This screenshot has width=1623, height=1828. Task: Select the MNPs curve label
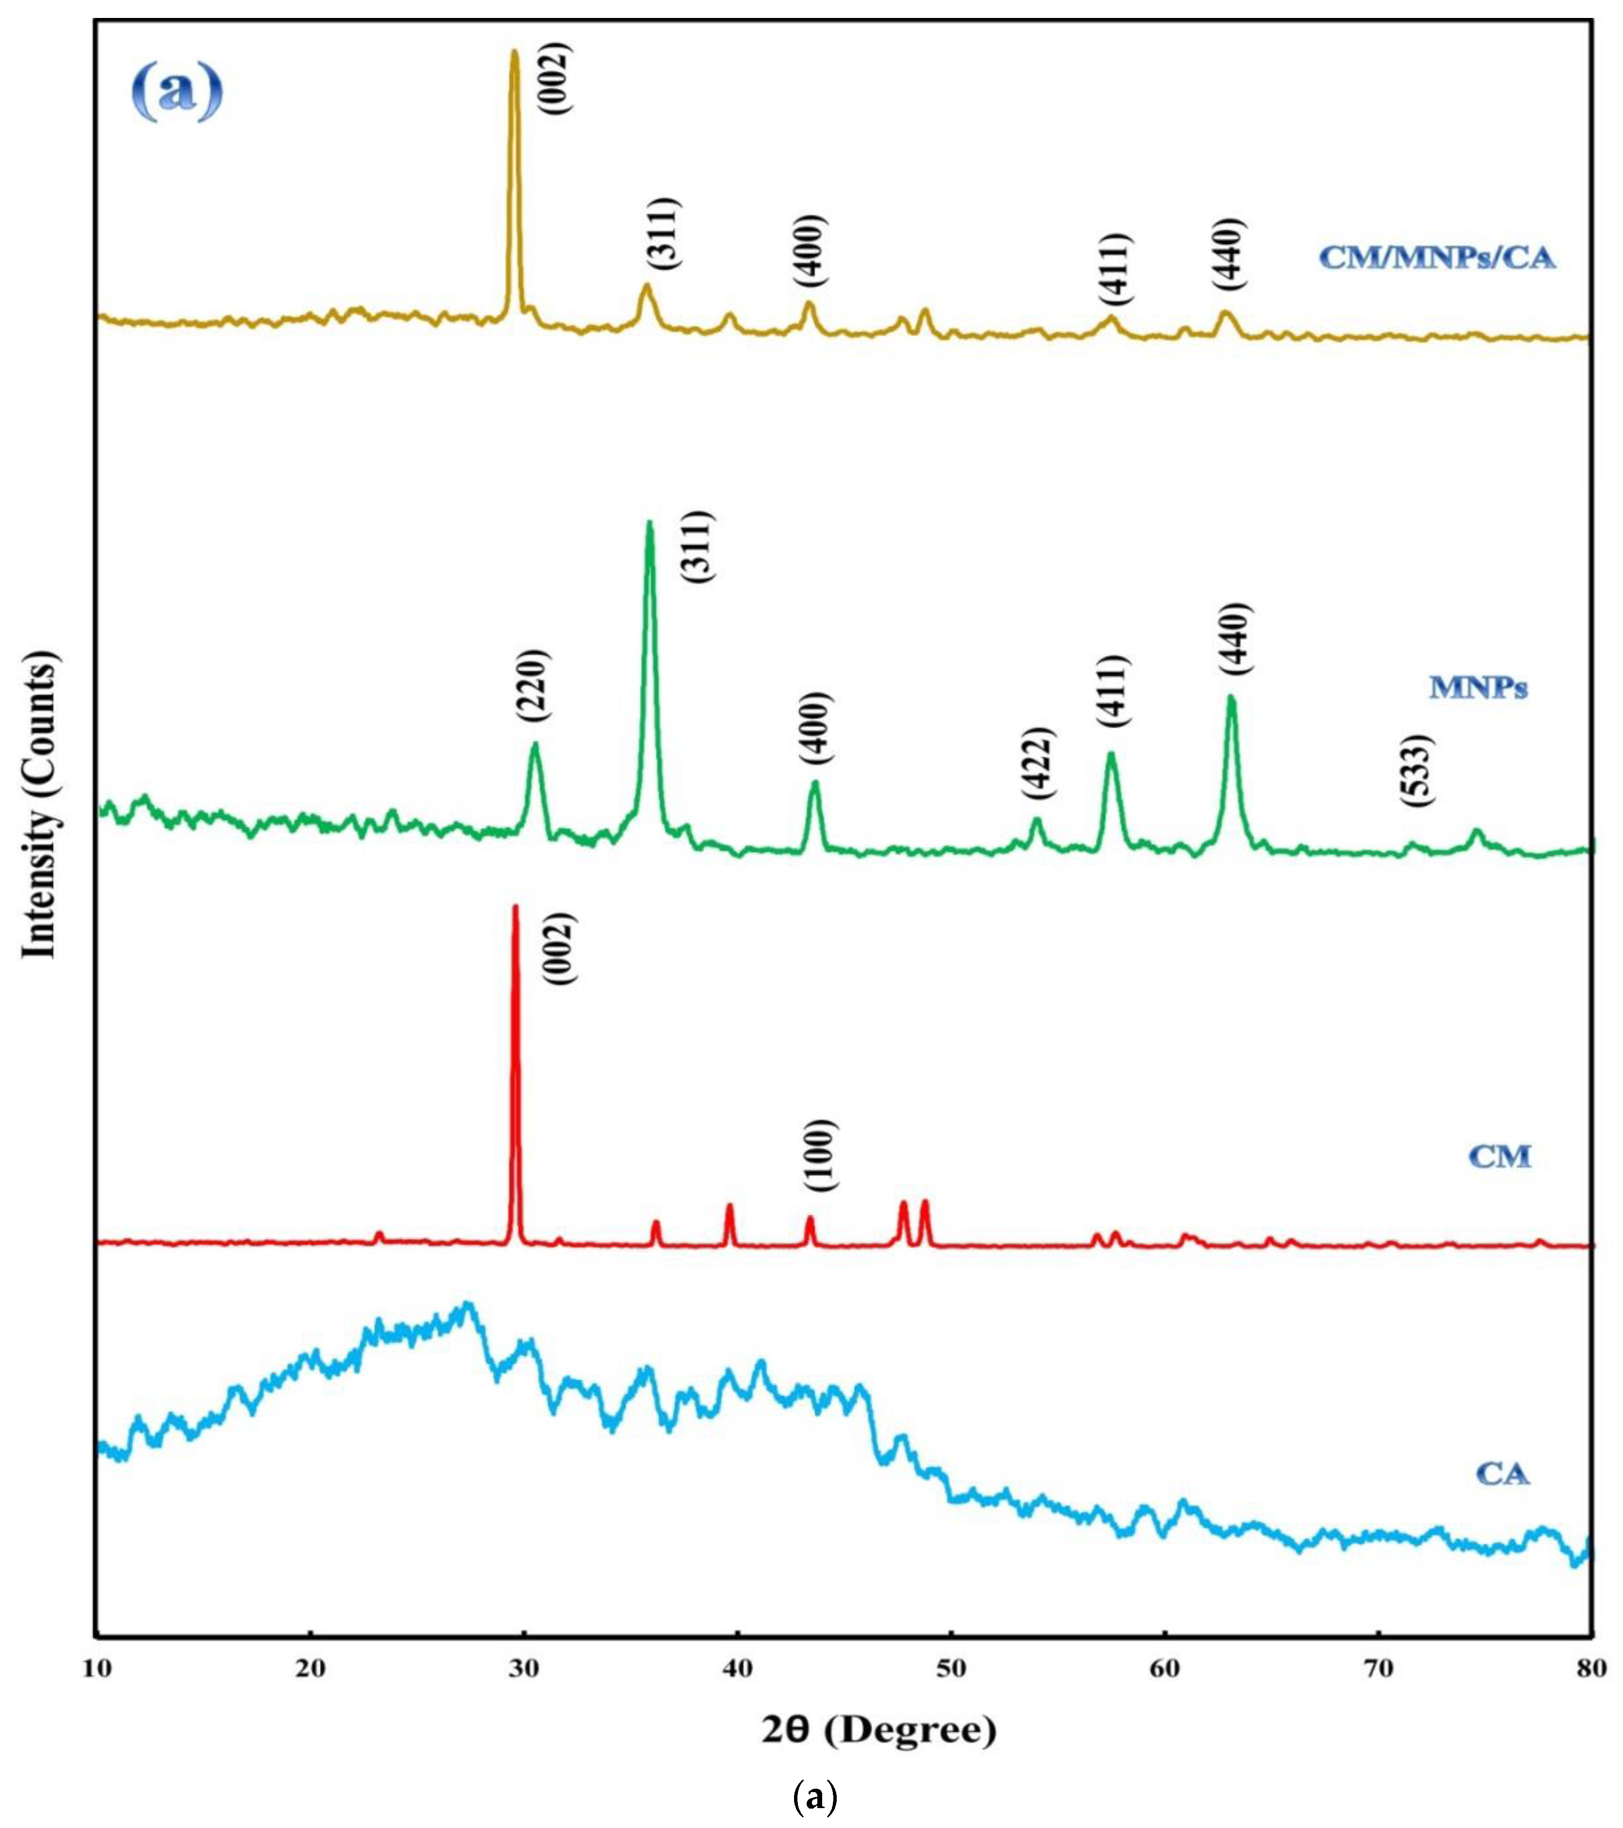point(1477,688)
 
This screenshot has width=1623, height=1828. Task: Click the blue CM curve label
point(1500,1157)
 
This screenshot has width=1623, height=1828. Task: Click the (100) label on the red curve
point(820,1156)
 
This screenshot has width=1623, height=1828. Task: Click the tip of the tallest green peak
point(649,522)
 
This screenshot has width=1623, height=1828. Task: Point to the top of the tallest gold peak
point(513,51)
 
